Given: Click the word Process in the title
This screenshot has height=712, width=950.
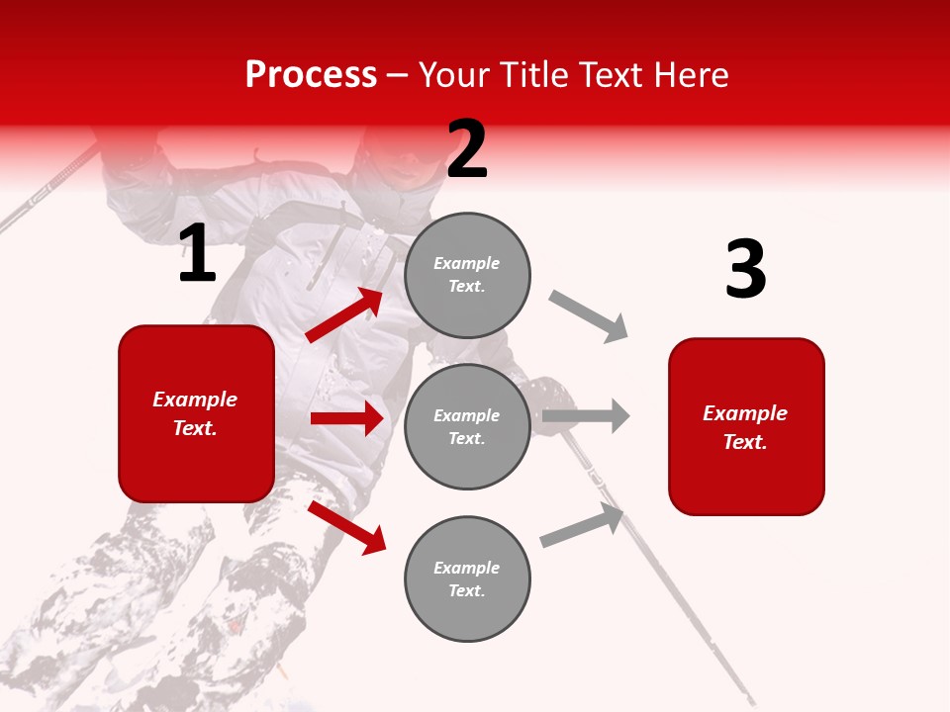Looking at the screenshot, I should coord(311,75).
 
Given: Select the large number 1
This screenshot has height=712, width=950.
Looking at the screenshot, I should coord(197,254).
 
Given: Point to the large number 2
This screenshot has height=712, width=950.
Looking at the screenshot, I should coord(467,149).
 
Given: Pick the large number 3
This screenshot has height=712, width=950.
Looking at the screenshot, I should coord(745,269).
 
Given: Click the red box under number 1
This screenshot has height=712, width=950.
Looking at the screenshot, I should coord(196,413).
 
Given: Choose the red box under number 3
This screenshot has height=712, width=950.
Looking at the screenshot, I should coord(746,427).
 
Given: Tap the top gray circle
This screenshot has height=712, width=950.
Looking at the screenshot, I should coord(467,275).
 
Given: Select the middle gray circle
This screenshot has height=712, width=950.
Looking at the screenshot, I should coord(467,427).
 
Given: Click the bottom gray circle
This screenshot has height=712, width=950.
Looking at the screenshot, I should coord(467,579).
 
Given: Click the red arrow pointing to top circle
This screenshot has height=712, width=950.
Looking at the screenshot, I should coord(344,314).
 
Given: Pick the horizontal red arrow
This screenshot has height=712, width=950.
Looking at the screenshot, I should coord(346,418).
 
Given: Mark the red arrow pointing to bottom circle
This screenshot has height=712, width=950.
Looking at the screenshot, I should coord(346,527).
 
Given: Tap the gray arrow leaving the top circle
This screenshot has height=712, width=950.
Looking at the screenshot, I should coord(589,315).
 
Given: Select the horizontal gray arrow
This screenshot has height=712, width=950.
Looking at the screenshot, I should coord(586,415).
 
